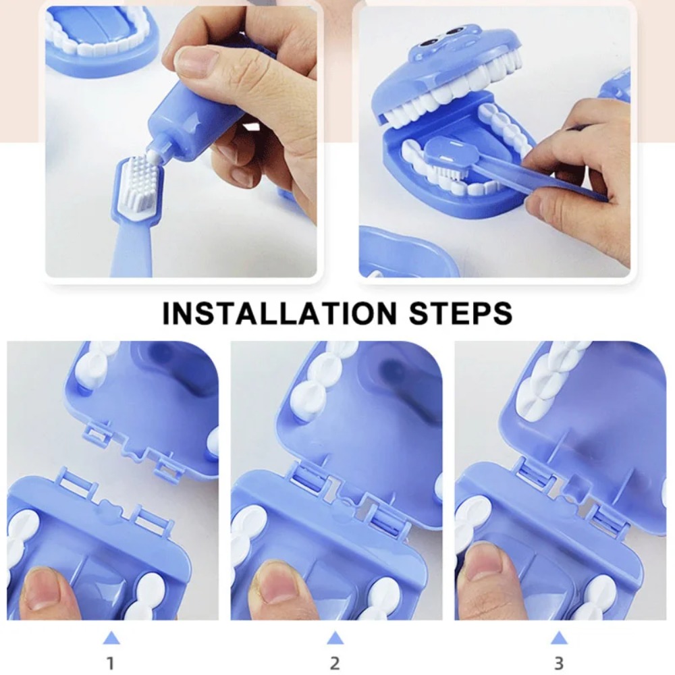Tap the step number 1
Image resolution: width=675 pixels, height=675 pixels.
(111, 662)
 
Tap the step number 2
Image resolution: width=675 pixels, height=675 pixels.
(335, 662)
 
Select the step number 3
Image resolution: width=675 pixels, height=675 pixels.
(559, 662)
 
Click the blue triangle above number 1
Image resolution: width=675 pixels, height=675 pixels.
(111, 637)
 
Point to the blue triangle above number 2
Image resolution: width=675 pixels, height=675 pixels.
(335, 637)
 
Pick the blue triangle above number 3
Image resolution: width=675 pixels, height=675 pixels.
(559, 637)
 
